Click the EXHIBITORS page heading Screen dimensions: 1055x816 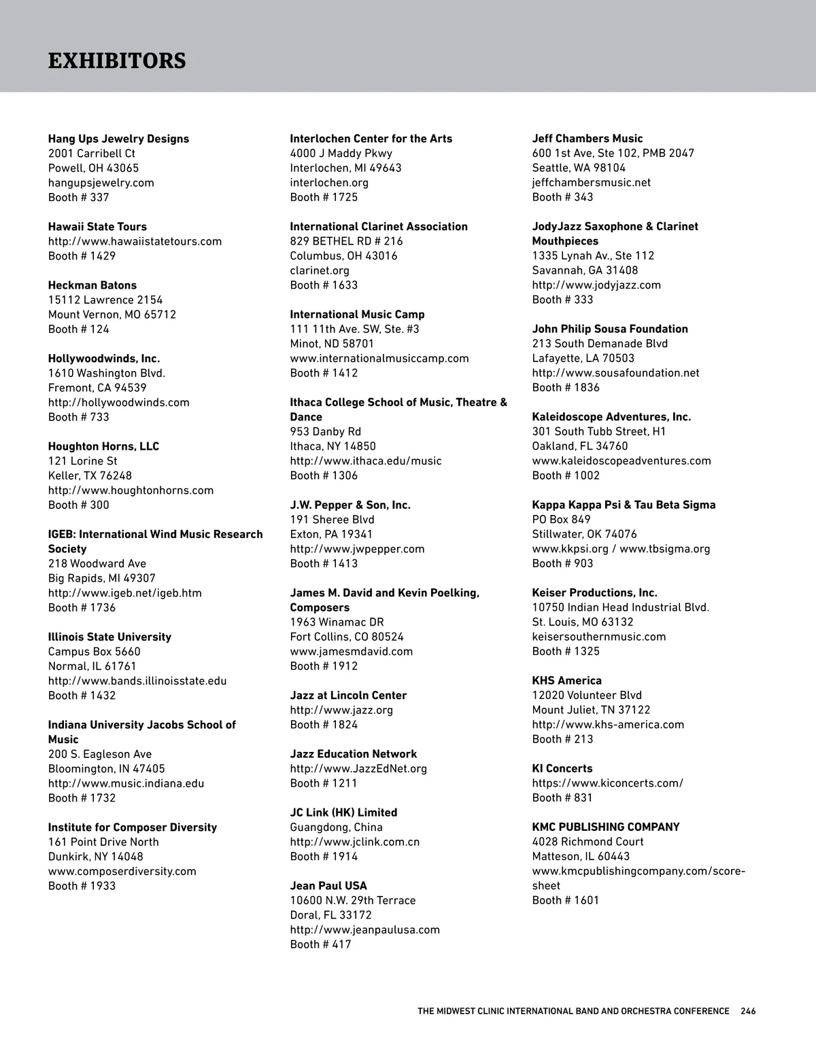point(117,60)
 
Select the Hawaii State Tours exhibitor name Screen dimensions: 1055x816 point(97,227)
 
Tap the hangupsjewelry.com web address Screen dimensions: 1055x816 point(101,183)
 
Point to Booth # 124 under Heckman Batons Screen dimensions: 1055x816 point(78,329)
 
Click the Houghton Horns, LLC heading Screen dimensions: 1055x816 point(103,446)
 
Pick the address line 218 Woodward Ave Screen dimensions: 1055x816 point(97,564)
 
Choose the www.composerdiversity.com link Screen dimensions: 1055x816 point(122,872)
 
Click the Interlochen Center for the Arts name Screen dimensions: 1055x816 point(371,139)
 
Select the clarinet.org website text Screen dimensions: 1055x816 point(320,270)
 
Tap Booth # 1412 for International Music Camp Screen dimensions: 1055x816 point(324,373)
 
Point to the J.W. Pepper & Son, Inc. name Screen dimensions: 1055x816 point(350,505)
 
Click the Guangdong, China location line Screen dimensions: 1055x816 point(336,827)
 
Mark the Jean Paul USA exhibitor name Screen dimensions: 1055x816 point(328,886)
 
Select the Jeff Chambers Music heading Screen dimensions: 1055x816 point(587,139)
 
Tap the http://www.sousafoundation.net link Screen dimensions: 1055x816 point(615,373)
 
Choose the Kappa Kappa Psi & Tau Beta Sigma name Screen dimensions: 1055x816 point(624,505)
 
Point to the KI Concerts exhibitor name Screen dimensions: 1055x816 point(562,768)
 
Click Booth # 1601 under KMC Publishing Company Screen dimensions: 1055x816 point(565,901)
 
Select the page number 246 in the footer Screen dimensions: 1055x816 point(748,1011)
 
